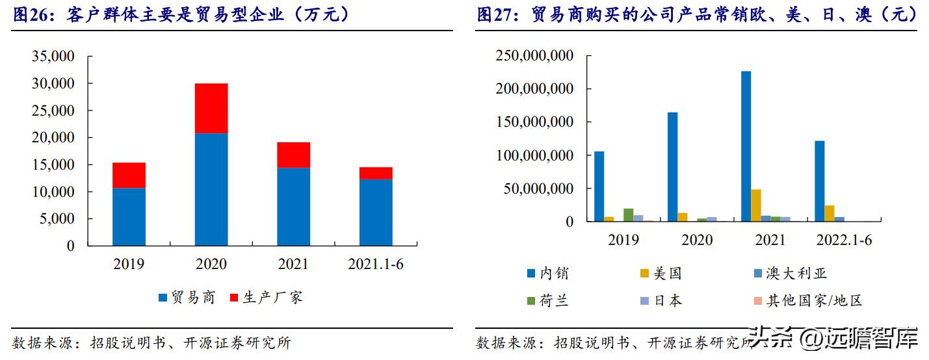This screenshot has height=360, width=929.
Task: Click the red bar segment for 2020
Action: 211,108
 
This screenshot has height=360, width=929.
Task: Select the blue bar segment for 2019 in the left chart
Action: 129,217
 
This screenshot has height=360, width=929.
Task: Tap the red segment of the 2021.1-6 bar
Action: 376,173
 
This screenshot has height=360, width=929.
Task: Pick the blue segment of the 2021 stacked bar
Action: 293,207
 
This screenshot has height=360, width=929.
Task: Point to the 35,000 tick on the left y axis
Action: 53,57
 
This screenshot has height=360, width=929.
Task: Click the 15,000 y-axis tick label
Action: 53,165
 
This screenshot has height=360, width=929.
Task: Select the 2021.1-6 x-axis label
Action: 376,264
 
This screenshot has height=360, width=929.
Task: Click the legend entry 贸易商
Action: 186,298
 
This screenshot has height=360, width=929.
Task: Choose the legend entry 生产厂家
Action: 267,298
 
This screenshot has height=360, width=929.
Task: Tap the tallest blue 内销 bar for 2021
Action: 746,146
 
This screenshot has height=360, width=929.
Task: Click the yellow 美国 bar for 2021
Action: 755,205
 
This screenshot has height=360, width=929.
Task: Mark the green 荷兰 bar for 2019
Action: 628,215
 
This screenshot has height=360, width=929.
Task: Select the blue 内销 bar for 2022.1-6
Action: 819,181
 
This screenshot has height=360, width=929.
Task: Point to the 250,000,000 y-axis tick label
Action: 534,57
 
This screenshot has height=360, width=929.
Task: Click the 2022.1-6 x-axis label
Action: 843,240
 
